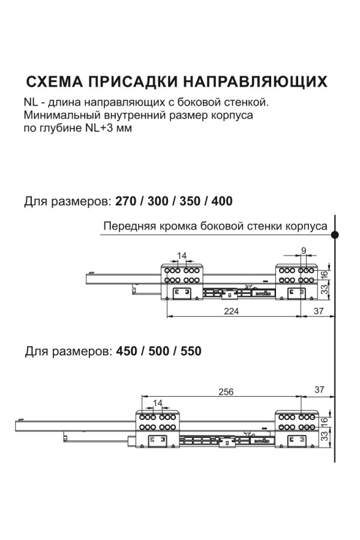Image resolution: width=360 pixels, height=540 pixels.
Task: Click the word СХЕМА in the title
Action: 52,82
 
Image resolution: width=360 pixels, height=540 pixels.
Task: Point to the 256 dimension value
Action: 225,392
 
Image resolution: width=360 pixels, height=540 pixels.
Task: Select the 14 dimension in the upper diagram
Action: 182,256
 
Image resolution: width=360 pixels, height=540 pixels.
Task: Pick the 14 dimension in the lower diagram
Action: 158,403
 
